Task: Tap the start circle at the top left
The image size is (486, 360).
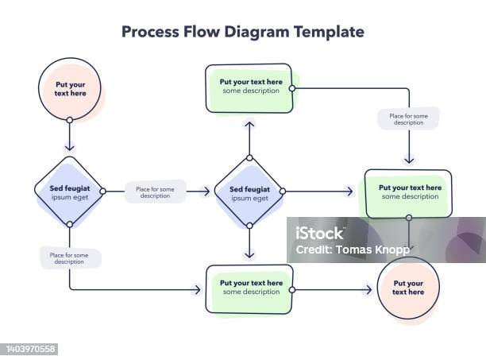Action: (x=70, y=88)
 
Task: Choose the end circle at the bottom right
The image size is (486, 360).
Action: (x=410, y=288)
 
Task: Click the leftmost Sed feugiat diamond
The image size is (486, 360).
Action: (x=70, y=192)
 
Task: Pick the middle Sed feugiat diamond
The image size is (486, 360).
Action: (x=250, y=192)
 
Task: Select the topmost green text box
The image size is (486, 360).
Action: (x=250, y=87)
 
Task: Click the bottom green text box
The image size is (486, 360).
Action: (x=250, y=288)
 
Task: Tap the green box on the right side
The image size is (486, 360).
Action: (x=408, y=192)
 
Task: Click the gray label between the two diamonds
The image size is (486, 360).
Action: (x=156, y=192)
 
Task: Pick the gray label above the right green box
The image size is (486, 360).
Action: (x=408, y=119)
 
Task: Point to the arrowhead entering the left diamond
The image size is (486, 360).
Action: (x=70, y=147)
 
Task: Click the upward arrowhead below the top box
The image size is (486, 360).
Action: (x=250, y=124)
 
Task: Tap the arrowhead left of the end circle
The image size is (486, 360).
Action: (x=368, y=291)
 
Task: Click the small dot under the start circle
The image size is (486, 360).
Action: (x=70, y=120)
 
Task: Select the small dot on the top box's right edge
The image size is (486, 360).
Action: (x=293, y=88)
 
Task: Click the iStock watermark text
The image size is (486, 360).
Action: (x=318, y=234)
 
